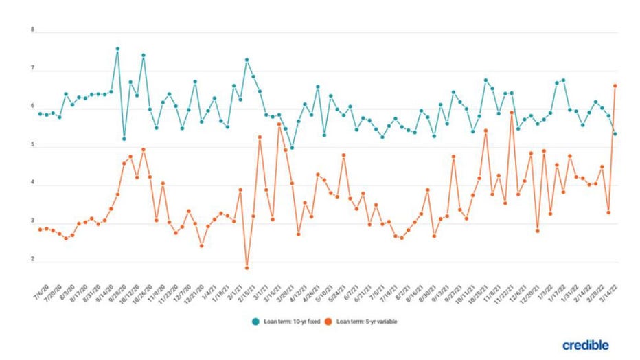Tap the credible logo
point(585,345)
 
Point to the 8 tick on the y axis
point(32,30)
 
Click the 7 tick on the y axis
point(32,69)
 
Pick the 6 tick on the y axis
point(32,108)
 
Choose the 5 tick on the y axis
point(32,146)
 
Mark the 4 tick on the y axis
point(32,185)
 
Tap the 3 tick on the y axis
point(32,223)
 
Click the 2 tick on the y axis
point(32,260)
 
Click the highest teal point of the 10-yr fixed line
point(117,49)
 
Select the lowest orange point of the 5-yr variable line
point(247,268)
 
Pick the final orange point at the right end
point(615,86)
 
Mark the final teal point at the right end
point(615,134)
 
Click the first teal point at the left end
point(41,113)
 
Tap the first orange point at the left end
point(41,229)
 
